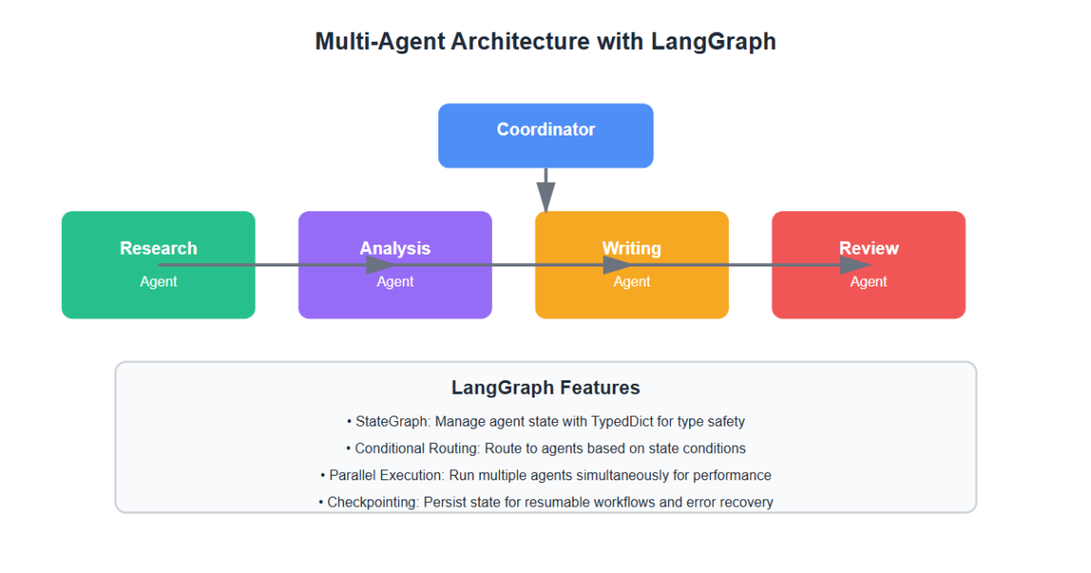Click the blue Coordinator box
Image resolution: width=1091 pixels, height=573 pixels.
545,136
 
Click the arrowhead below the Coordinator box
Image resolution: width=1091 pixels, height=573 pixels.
545,196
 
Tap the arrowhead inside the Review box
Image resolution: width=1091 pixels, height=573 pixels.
855,265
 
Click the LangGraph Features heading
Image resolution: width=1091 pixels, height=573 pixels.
545,387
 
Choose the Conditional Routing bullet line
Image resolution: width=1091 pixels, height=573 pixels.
545,448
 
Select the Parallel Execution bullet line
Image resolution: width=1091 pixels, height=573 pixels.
545,475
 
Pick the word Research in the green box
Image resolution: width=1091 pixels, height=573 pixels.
158,248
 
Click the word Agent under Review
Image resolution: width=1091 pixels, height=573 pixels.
868,282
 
